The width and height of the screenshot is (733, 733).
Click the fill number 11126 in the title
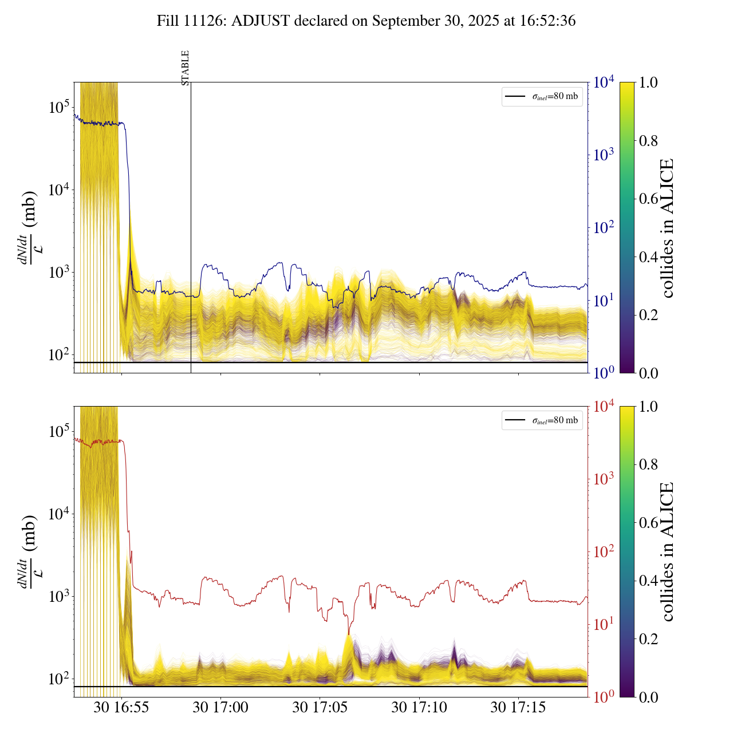pos(211,21)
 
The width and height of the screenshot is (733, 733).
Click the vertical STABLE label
pos(185,68)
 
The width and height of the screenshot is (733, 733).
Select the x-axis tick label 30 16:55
pos(121,708)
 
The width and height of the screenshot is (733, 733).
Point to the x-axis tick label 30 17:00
pos(220,708)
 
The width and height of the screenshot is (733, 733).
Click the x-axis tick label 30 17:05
pos(320,708)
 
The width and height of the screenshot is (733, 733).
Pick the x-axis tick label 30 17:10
pos(419,708)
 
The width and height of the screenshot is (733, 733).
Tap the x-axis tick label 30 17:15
pos(518,708)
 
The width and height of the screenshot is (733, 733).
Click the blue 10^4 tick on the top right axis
pos(604,82)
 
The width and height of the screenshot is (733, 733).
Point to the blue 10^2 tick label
pos(604,228)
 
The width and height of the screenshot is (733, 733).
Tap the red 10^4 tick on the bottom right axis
pos(604,407)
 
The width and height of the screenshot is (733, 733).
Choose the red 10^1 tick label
pos(604,624)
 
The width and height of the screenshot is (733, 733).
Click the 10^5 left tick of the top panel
pos(60,107)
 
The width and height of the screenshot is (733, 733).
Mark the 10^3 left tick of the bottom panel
pos(60,596)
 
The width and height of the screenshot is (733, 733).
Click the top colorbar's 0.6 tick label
pos(648,199)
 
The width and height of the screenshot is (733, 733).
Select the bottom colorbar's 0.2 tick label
pos(648,639)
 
